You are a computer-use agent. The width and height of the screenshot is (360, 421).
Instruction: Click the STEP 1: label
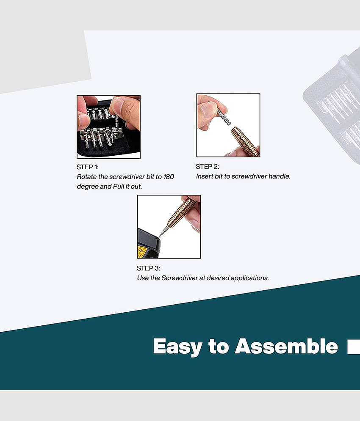click(x=87, y=167)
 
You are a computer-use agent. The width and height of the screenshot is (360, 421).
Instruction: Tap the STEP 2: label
click(x=207, y=166)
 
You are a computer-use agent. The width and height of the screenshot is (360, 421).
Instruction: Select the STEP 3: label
click(x=148, y=268)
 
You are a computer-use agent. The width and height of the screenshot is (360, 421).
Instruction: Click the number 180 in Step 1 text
click(x=169, y=177)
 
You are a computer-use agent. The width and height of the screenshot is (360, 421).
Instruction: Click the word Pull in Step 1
click(x=118, y=186)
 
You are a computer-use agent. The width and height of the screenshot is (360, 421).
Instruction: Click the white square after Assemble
click(x=354, y=347)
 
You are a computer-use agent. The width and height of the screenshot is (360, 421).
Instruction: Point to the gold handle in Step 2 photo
click(x=245, y=141)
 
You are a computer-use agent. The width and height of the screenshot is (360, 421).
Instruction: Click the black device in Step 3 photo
click(x=148, y=243)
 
